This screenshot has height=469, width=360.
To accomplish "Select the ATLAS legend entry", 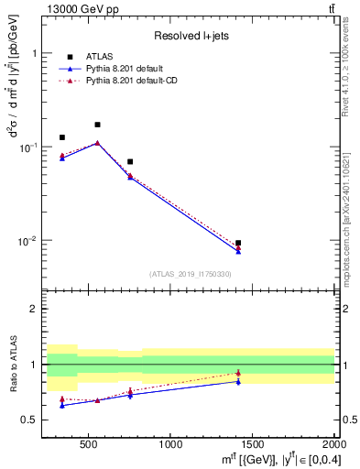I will pyautogui.click(x=98, y=57).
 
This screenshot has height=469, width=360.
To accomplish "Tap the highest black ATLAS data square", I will pyautogui.click(x=97, y=125).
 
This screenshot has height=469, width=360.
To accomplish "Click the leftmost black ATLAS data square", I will pyautogui.click(x=62, y=137).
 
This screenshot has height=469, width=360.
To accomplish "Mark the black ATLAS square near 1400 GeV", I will pyautogui.click(x=238, y=244).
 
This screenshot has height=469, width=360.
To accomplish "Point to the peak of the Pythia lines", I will pyautogui.click(x=97, y=143).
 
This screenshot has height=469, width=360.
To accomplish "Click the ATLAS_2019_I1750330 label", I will pyautogui.click(x=190, y=274).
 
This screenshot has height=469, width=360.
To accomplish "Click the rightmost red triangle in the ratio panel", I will pyautogui.click(x=238, y=373).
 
